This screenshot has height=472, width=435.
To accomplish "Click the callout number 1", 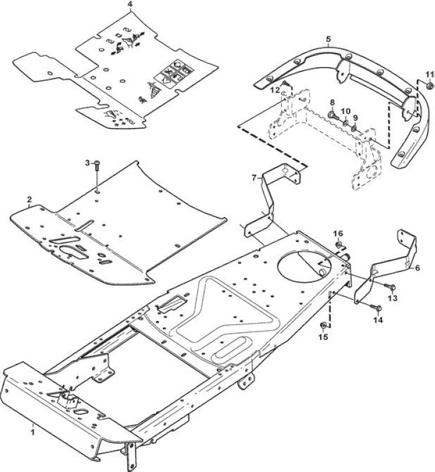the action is coord(33,432).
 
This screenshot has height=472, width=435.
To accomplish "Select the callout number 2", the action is coord(29,199).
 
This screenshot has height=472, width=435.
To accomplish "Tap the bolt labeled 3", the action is coord(97,166).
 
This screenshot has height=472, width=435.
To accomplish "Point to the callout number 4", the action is coord(130,5).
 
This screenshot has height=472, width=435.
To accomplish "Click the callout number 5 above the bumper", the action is coord(328,39).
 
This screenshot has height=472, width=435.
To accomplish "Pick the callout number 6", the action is coord(417,268).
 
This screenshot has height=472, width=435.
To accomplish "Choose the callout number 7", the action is coord(254,178).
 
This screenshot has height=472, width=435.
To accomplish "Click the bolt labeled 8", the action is coord(332,115).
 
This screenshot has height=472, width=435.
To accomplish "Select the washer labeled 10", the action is coord(345,123).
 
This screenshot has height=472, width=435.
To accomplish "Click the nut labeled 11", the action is coord(430,86).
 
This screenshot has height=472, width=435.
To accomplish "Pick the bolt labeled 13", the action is coord(390,287).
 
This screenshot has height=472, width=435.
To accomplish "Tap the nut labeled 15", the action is coord(323,326).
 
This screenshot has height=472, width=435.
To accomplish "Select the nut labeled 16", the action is coord(339,244).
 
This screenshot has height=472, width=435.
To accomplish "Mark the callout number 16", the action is coord(338,234).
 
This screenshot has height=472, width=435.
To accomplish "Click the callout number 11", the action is coord(430,74).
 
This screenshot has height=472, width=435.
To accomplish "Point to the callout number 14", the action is coord(378,320).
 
